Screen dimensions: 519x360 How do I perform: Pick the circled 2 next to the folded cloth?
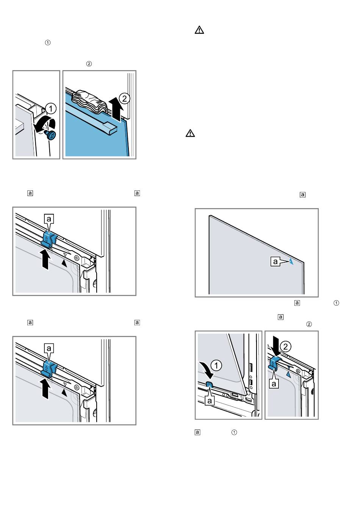(124, 99)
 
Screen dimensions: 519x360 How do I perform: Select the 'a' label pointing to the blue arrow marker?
(276, 261)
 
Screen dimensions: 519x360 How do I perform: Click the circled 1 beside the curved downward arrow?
(216, 365)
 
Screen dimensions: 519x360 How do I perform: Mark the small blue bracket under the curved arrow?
(209, 384)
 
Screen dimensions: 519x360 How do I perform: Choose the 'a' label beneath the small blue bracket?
(209, 400)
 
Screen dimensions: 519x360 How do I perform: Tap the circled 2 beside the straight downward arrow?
(287, 346)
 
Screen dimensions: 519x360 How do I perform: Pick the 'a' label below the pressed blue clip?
(274, 383)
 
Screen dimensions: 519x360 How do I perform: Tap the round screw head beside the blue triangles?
(297, 371)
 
